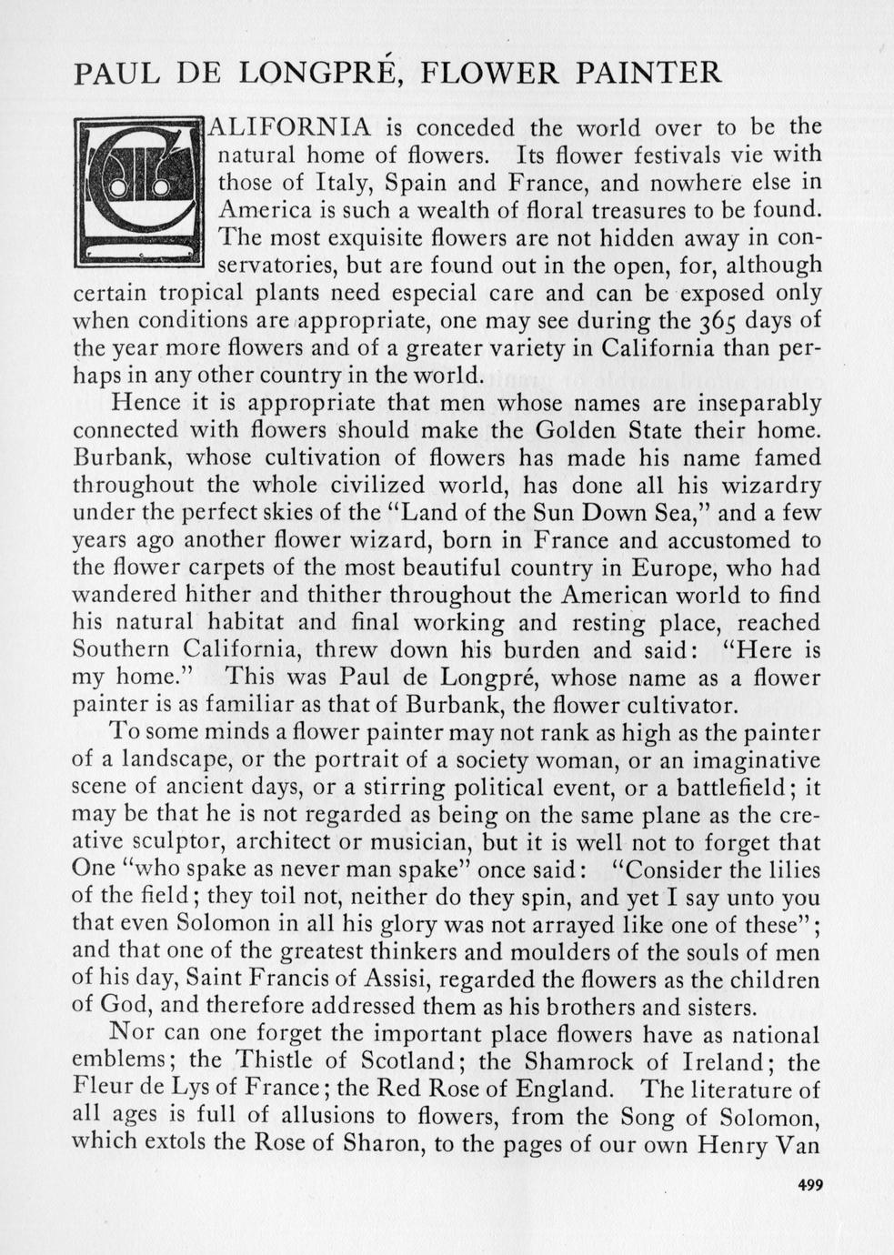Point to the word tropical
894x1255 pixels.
[x=203, y=293]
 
